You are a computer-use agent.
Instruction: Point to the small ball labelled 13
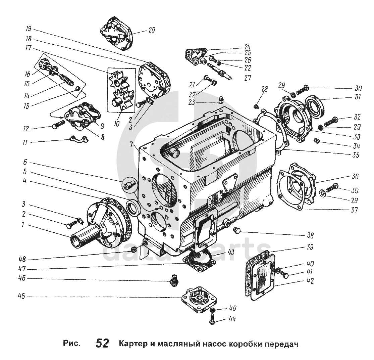coord(77,89)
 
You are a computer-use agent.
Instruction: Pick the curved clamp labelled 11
coord(78,138)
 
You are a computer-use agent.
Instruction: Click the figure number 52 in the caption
coord(102,344)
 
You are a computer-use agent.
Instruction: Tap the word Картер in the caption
coord(130,344)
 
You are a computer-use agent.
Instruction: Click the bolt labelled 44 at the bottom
coord(212,319)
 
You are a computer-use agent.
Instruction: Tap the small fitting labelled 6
coord(129,185)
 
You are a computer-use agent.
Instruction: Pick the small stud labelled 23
coord(221,100)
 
